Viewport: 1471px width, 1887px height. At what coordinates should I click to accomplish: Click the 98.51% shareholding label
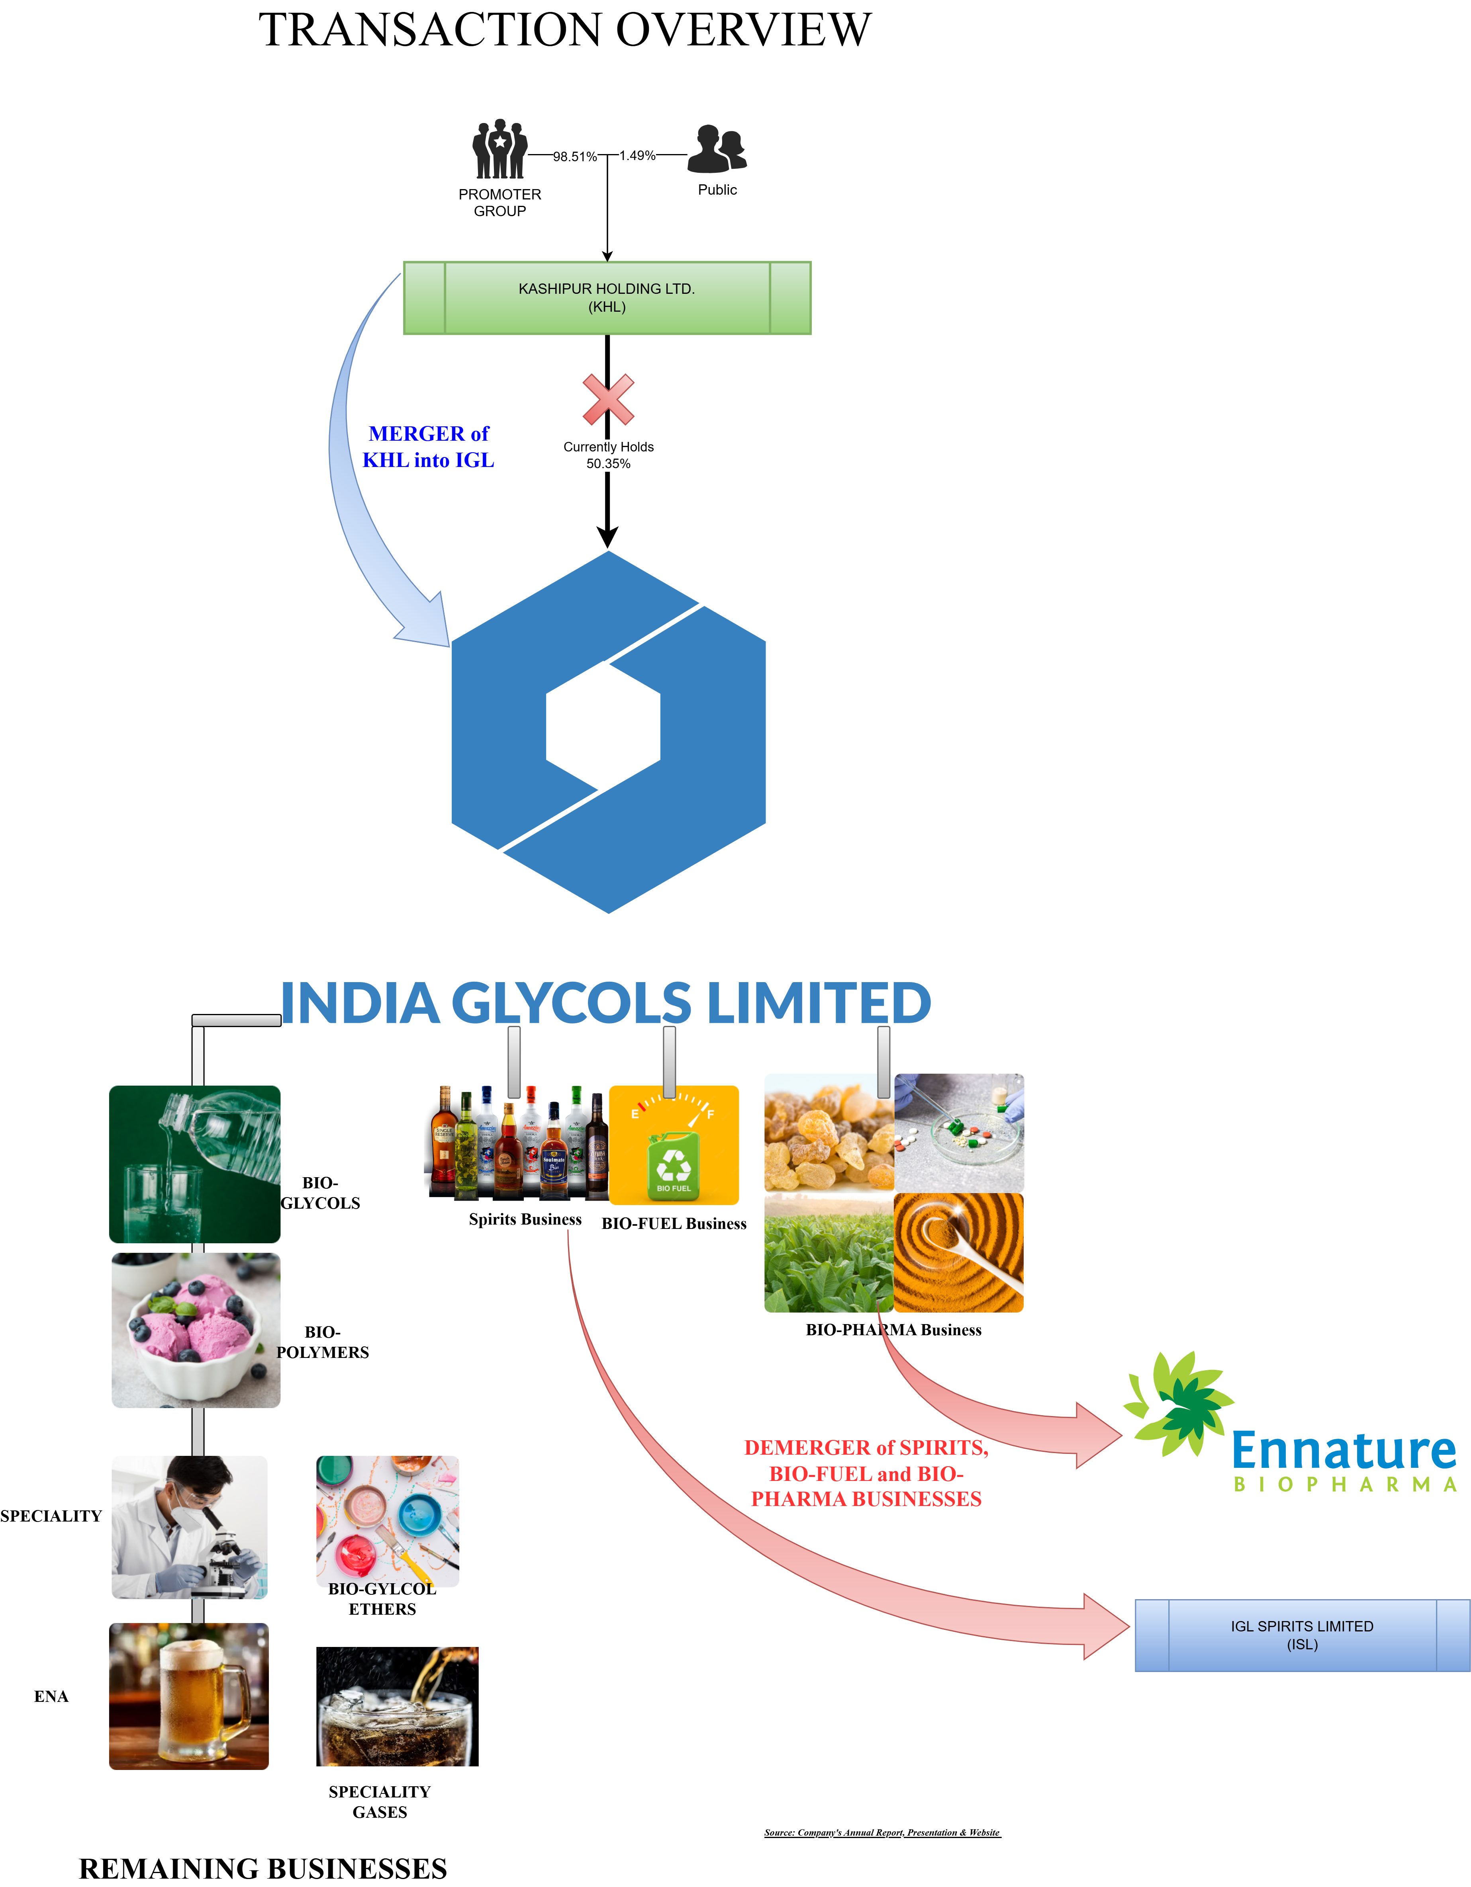pos(575,156)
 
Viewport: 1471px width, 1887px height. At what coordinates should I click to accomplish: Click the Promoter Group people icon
pos(499,149)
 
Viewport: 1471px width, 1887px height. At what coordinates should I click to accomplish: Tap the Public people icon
pos(717,148)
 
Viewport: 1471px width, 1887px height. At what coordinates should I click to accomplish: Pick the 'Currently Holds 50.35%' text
pos(609,455)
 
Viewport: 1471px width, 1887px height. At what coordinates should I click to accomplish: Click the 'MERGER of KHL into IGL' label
pos(429,447)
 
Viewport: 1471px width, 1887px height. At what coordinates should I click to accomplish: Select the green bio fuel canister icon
pos(673,1166)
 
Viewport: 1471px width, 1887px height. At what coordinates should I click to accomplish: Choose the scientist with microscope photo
pos(189,1527)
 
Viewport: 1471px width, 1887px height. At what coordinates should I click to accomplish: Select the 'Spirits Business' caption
pos(525,1219)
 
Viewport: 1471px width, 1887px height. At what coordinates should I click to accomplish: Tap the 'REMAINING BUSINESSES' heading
pos(263,1868)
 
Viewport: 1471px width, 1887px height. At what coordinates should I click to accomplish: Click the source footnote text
pos(881,1832)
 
